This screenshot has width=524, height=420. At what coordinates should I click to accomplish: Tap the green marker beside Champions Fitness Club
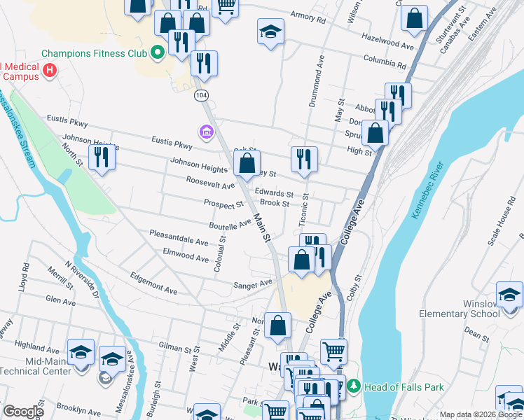coord(158,52)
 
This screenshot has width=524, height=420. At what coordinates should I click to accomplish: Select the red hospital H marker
coord(49,70)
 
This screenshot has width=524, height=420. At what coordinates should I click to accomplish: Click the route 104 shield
coord(202,94)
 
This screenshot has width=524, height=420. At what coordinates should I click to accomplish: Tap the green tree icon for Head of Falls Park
coord(354,386)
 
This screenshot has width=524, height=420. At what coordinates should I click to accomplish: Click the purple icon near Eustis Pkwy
coord(207,132)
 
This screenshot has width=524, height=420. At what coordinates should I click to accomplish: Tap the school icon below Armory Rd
coord(270,31)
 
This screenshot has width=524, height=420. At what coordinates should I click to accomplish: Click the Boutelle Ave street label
coord(230,224)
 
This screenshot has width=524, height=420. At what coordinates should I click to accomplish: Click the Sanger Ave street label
coord(253,284)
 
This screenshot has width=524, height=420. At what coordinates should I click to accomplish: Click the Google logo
coord(23,412)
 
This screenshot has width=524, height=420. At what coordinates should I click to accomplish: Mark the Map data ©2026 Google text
coord(480,415)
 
